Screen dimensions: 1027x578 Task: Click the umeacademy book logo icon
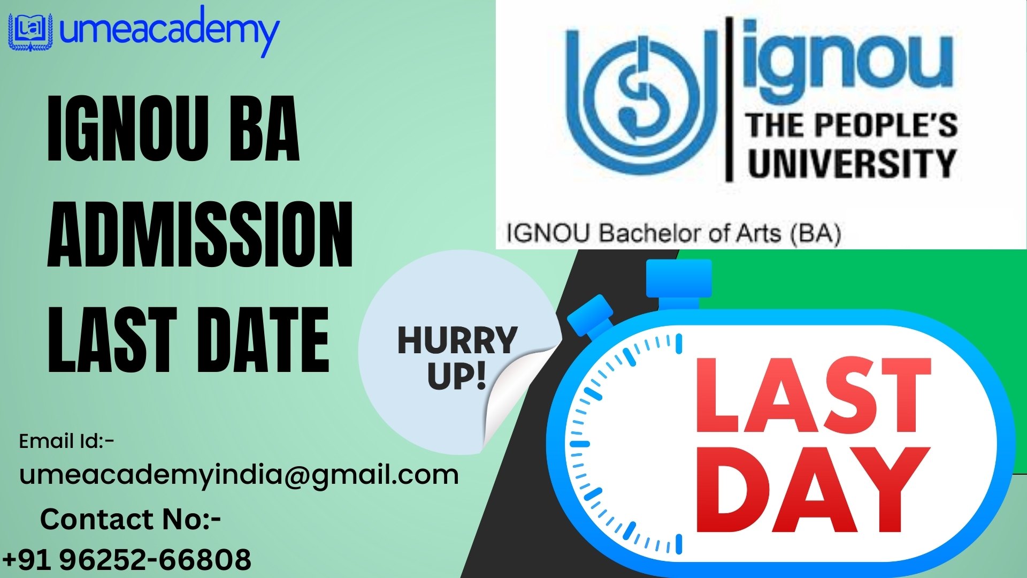[30, 32]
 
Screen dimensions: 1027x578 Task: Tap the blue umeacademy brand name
[170, 32]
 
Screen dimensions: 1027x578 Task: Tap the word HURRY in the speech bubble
[457, 340]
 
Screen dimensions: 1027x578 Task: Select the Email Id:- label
[66, 442]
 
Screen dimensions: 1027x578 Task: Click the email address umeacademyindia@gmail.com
[239, 475]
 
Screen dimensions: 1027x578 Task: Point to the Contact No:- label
[131, 520]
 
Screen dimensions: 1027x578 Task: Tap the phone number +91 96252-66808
[127, 560]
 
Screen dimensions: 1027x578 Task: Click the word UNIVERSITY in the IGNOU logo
[852, 163]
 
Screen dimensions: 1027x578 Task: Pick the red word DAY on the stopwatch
[812, 490]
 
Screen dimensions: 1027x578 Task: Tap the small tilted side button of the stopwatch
[591, 317]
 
